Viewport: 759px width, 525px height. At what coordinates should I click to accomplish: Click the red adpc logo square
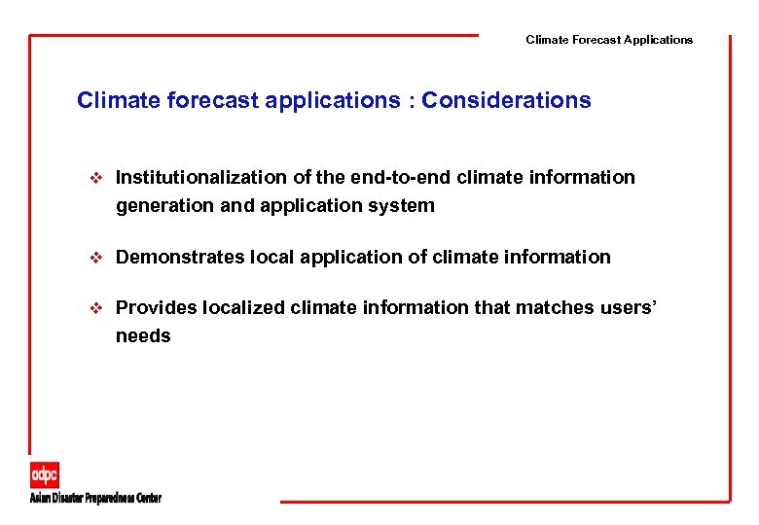(44, 475)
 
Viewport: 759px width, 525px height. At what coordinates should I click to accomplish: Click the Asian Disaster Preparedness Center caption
(94, 498)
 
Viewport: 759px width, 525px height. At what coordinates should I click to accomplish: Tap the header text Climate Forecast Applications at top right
(609, 40)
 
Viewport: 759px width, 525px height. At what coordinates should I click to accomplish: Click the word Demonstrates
(176, 258)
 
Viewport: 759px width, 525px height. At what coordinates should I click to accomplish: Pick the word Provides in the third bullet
(156, 308)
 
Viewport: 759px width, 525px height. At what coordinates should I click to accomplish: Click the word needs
(143, 336)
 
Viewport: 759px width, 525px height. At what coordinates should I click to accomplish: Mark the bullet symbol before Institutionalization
(94, 178)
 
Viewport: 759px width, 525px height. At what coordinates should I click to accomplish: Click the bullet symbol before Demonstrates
(94, 258)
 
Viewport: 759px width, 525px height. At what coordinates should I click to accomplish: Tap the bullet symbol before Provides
(94, 308)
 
